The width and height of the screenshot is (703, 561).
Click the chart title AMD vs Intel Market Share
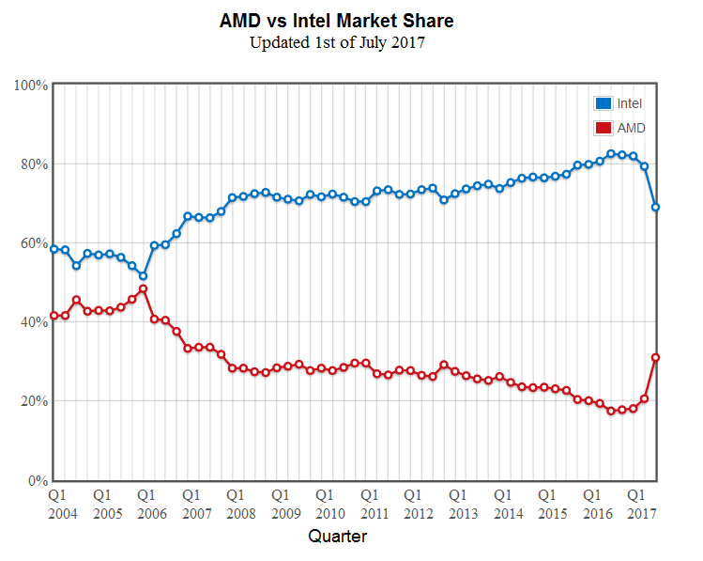pos(350,20)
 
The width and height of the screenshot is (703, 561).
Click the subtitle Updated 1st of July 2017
pos(350,42)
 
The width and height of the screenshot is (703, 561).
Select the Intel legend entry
pos(619,103)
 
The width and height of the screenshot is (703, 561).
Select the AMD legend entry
pos(619,128)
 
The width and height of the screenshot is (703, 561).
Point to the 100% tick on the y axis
pos(32,85)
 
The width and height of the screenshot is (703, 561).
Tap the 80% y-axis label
pos(35,164)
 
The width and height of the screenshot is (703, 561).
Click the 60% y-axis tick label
pos(35,242)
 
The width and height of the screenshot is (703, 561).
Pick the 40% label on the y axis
pos(35,321)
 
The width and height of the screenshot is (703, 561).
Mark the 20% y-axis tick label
pos(35,401)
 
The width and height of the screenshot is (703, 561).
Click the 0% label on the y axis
pos(38,480)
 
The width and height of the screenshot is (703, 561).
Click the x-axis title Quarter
pos(338,537)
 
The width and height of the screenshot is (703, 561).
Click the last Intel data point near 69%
pos(656,207)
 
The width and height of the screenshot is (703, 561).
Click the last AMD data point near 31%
pos(656,357)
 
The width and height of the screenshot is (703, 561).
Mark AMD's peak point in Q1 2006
pos(143,288)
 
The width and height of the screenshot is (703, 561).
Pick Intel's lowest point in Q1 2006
pos(143,276)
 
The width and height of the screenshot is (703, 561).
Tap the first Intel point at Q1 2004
pos(54,249)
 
